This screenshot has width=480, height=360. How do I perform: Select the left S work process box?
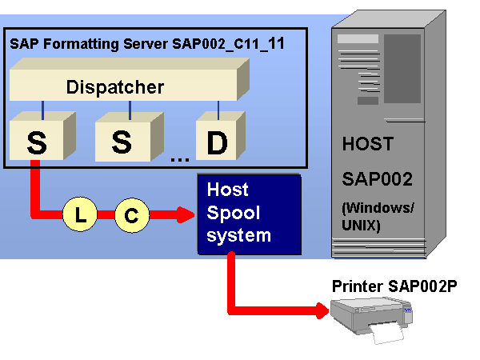pyautogui.click(x=38, y=142)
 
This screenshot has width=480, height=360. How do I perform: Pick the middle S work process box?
pyautogui.click(x=122, y=142)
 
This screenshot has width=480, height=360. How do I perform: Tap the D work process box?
pyautogui.click(x=217, y=142)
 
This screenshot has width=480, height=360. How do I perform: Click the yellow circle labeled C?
pyautogui.click(x=131, y=214)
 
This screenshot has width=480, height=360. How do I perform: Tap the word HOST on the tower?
pyautogui.click(x=368, y=145)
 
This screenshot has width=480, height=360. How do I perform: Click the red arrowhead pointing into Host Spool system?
pyautogui.click(x=186, y=214)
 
